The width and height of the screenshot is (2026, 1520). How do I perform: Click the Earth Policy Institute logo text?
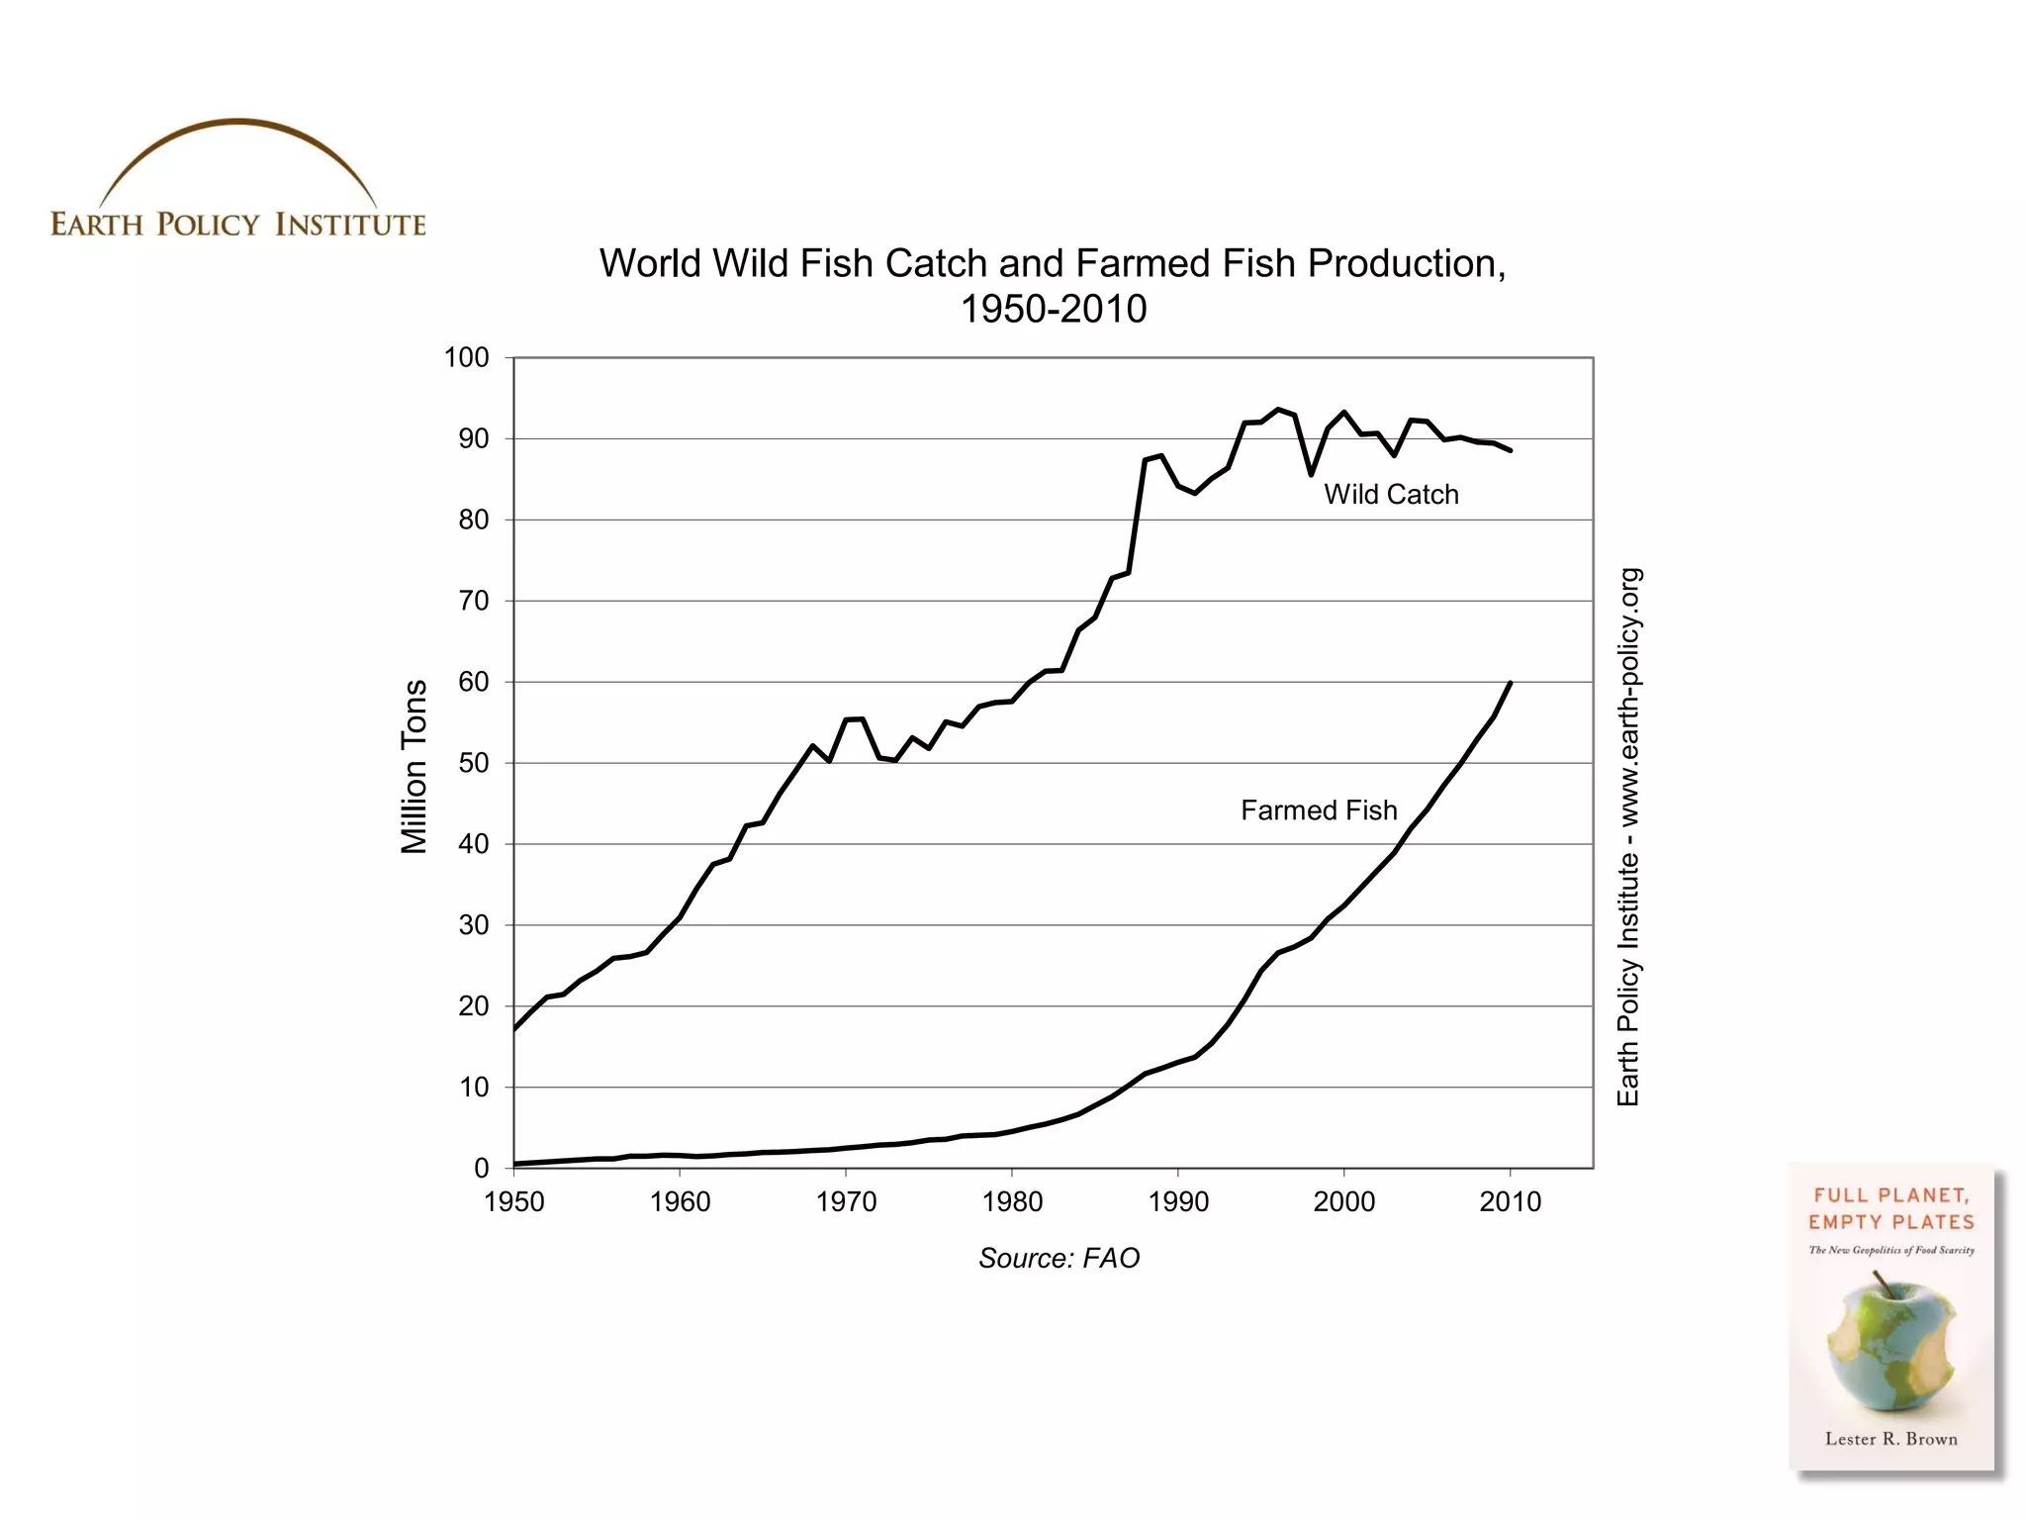click(x=237, y=225)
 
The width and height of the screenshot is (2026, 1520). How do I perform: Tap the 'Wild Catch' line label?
click(x=1391, y=495)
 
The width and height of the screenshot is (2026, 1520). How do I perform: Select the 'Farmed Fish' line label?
click(x=1319, y=810)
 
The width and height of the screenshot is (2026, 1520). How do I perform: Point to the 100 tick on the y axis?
click(x=466, y=357)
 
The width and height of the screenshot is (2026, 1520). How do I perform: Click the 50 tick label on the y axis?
click(x=473, y=763)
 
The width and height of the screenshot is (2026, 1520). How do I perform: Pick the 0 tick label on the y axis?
click(x=481, y=1169)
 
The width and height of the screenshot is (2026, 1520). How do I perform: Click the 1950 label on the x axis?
click(x=513, y=1202)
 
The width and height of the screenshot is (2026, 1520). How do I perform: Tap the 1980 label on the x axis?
click(x=1012, y=1202)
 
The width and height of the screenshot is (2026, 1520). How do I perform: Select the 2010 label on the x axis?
click(x=1510, y=1202)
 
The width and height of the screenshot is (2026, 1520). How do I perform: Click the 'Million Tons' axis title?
click(x=414, y=766)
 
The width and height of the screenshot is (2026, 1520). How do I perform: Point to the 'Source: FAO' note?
click(x=1059, y=1258)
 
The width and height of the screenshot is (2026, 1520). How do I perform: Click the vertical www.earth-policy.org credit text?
click(x=1628, y=836)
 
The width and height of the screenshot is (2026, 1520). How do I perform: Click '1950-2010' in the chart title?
click(x=1054, y=310)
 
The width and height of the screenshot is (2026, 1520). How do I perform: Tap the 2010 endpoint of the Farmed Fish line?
click(x=1510, y=683)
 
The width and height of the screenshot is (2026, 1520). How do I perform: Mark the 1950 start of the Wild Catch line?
click(x=514, y=1030)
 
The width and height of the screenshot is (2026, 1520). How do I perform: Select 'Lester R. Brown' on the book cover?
click(x=1890, y=1439)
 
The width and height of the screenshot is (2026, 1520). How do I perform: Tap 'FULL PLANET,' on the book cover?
click(x=1890, y=1195)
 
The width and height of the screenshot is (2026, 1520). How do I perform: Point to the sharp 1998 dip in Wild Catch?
click(x=1311, y=474)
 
